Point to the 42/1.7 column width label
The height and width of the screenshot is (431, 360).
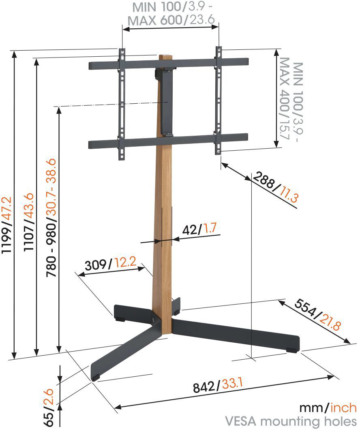[200, 228]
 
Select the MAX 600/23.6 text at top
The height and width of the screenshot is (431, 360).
[171, 20]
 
